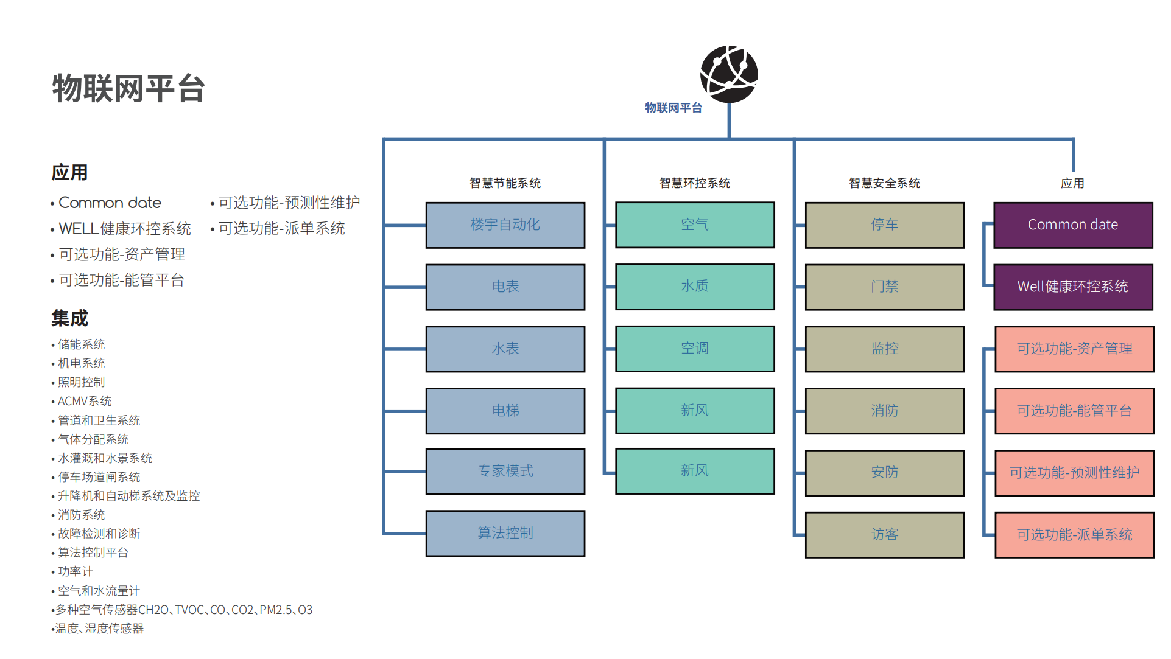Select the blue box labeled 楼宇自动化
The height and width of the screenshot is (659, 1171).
point(505,225)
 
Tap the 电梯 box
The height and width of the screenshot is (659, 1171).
point(505,411)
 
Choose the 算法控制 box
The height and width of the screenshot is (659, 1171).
point(505,533)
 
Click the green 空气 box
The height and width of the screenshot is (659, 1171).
point(695,225)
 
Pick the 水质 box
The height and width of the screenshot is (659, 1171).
point(695,287)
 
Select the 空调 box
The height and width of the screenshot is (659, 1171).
point(695,349)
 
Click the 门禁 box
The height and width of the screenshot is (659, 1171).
point(884,287)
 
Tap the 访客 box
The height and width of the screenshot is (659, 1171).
point(884,534)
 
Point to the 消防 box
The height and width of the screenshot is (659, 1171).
point(884,411)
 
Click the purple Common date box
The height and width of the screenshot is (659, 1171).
point(1073,225)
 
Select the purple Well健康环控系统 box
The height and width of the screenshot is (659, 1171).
point(1073,287)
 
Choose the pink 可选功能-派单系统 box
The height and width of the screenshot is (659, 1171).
point(1074,534)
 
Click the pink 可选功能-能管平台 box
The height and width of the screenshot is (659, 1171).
point(1074,411)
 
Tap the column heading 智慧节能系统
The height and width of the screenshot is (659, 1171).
point(505,183)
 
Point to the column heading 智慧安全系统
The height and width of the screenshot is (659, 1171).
point(884,183)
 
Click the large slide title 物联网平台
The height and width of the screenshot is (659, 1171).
point(128,89)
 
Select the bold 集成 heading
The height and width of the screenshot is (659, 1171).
point(70,318)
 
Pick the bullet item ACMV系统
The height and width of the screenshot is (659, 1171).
point(85,401)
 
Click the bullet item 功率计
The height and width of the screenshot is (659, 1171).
point(76,571)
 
